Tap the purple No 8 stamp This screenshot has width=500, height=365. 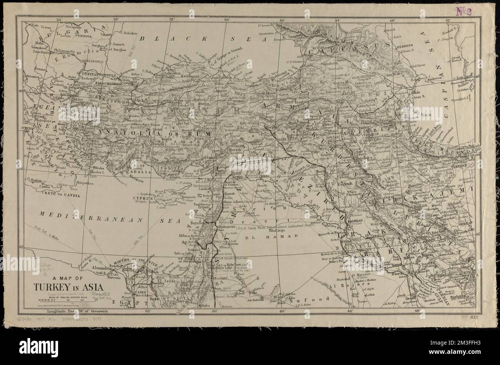click(464, 11)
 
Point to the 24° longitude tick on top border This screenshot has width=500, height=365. click(59, 19)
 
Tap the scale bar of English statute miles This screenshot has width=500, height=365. click(62, 300)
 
